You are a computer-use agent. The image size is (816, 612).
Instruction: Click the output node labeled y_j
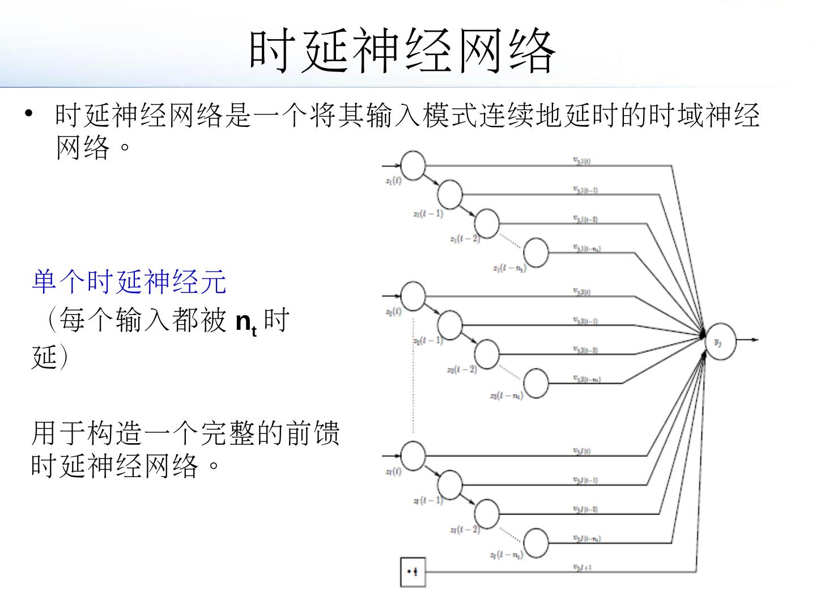[x=720, y=341]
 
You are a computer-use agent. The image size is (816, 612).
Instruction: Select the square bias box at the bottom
[x=413, y=572]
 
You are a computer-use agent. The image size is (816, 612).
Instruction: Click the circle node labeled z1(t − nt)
[x=536, y=252]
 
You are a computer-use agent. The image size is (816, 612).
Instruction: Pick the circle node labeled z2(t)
[x=413, y=296]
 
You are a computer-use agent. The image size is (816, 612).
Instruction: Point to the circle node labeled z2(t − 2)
[x=487, y=354]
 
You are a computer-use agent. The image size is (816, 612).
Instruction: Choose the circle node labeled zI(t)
[x=413, y=455]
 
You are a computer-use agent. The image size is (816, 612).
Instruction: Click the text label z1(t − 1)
[x=428, y=214]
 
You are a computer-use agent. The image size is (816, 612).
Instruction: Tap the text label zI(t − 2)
[x=465, y=530]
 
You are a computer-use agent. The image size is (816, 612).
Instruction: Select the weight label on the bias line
[x=583, y=566]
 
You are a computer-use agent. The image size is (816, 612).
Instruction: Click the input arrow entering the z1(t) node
[x=392, y=166]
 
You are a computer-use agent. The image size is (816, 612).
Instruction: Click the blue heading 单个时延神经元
[x=129, y=282]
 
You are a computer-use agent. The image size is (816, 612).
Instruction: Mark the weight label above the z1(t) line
[x=583, y=161]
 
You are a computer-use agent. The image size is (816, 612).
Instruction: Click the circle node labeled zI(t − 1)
[x=450, y=483]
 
